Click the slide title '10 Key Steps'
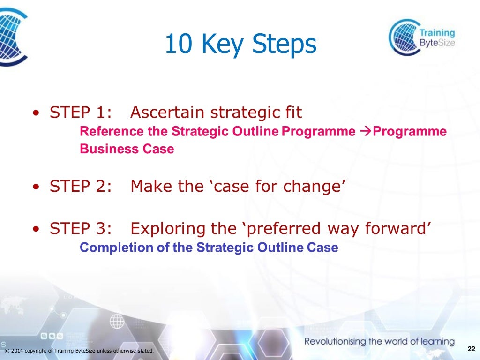tap(240, 45)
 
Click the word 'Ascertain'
tap(167, 112)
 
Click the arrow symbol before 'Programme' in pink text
tap(366, 132)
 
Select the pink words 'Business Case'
tap(127, 149)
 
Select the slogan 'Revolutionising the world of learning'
tap(379, 341)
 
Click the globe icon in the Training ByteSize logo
tap(404, 37)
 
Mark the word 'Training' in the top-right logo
tap(437, 33)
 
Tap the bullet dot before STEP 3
tap(37, 230)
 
